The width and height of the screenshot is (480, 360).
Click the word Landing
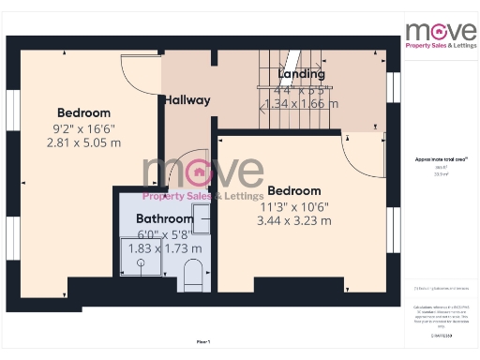pos(302,74)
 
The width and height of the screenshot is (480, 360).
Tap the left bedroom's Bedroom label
pos(83,112)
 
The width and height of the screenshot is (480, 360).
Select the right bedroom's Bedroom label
pos(293,190)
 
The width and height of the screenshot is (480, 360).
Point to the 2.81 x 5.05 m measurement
pos(83,142)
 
